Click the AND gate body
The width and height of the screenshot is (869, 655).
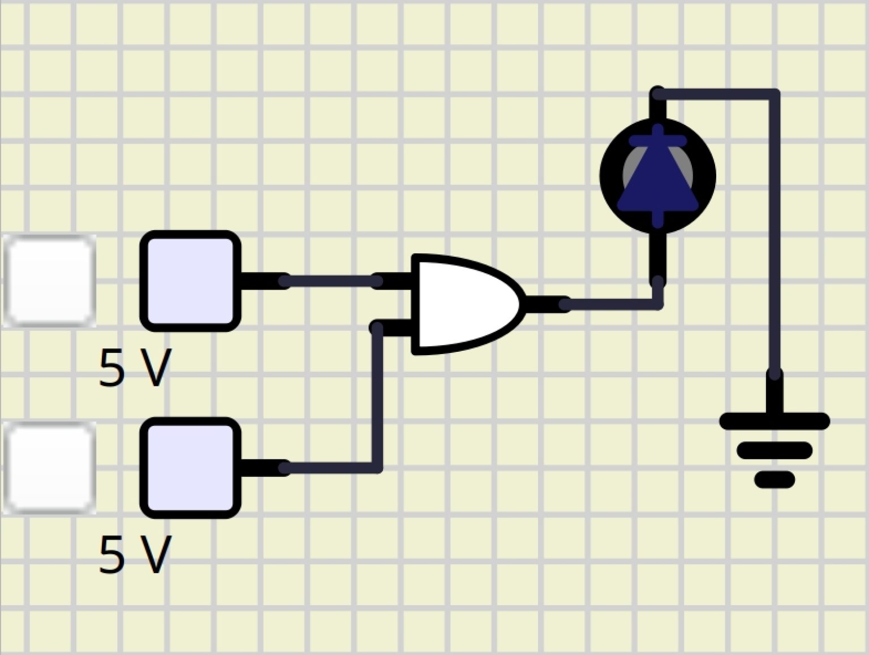(464, 304)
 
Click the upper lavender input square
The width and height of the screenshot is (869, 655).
(190, 281)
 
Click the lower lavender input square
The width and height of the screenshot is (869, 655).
(190, 468)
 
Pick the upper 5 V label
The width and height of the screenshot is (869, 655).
(135, 368)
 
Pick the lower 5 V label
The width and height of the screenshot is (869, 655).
(135, 554)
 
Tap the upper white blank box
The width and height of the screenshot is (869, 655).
(50, 281)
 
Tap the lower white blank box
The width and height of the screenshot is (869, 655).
(50, 468)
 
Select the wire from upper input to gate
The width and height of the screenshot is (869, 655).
(331, 281)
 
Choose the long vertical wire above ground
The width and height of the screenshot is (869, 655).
(774, 238)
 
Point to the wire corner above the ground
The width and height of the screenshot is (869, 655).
(774, 94)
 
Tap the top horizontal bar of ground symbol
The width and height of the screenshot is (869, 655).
(774, 421)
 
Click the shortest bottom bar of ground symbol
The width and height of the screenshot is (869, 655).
(774, 480)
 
